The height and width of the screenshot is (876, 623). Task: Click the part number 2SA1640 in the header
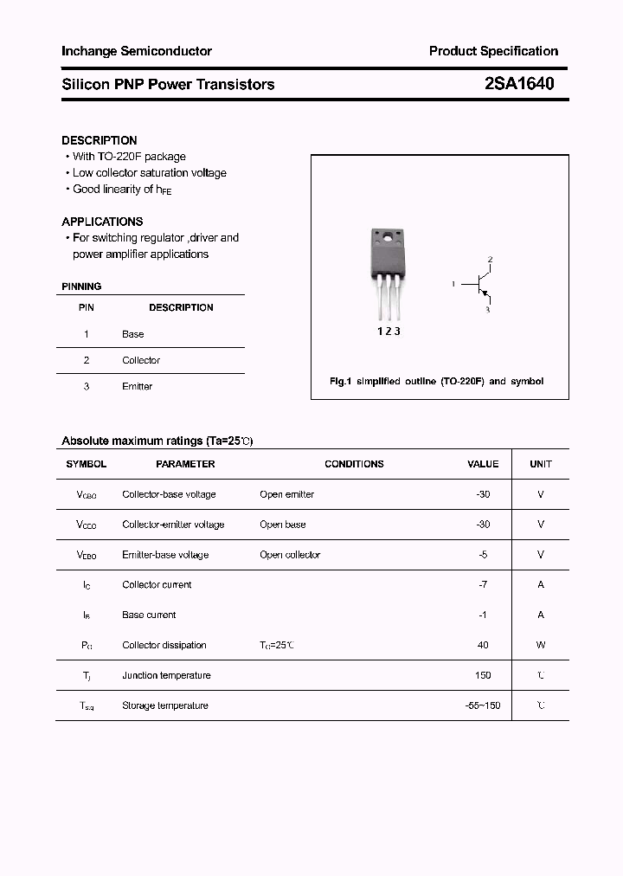click(x=519, y=84)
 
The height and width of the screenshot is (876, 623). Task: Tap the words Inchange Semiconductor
click(x=137, y=51)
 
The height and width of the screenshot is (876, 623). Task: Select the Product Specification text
click(x=493, y=51)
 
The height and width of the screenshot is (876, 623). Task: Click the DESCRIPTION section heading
click(x=100, y=140)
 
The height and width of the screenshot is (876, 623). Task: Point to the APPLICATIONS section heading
click(x=102, y=222)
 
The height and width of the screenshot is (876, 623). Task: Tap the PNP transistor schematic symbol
click(x=479, y=284)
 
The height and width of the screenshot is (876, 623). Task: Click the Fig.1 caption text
click(x=437, y=381)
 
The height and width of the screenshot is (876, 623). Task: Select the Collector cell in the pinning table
click(x=141, y=360)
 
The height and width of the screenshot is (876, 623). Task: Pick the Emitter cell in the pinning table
click(x=137, y=386)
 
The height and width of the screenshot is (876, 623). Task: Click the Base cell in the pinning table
click(x=133, y=334)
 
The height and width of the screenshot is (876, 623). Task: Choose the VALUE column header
click(x=483, y=464)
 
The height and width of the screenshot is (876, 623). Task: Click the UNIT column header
click(x=541, y=464)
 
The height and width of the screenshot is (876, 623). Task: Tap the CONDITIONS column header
click(x=354, y=464)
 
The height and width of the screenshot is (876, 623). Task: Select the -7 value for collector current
click(x=483, y=584)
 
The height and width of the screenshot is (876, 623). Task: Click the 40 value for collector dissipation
click(x=483, y=645)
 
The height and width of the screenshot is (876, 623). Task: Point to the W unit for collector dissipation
click(x=541, y=645)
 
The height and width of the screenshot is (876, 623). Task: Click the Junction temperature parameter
click(x=165, y=675)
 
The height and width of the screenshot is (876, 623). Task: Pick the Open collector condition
click(x=290, y=555)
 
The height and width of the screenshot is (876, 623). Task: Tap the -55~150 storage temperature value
click(x=483, y=705)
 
